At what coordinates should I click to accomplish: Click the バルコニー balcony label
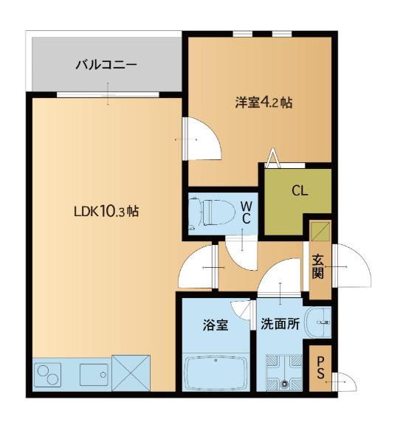(106, 66)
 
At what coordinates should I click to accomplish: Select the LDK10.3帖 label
(106, 211)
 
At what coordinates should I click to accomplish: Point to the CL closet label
(299, 190)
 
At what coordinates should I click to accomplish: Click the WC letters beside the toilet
(247, 212)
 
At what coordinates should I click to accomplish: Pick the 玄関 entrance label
(317, 266)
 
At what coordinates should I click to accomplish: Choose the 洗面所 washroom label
(280, 325)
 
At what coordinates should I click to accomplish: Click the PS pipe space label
(320, 367)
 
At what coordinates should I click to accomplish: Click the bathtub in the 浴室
(217, 373)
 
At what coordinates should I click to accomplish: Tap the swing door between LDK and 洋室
(201, 139)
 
